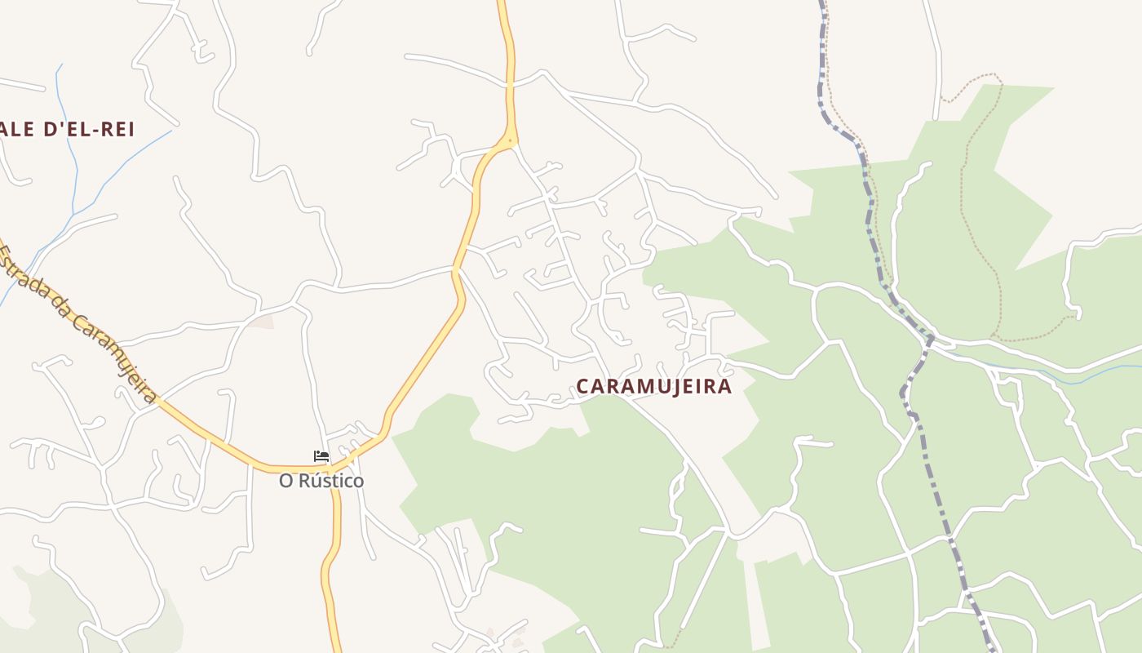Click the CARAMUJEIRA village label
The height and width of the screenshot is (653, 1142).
(x=654, y=386)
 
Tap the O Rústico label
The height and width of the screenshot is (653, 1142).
(x=321, y=481)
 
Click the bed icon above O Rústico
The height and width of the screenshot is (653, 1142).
(x=321, y=456)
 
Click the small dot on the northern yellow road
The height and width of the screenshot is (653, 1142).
(x=511, y=140)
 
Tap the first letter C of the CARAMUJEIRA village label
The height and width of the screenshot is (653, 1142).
(x=582, y=386)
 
